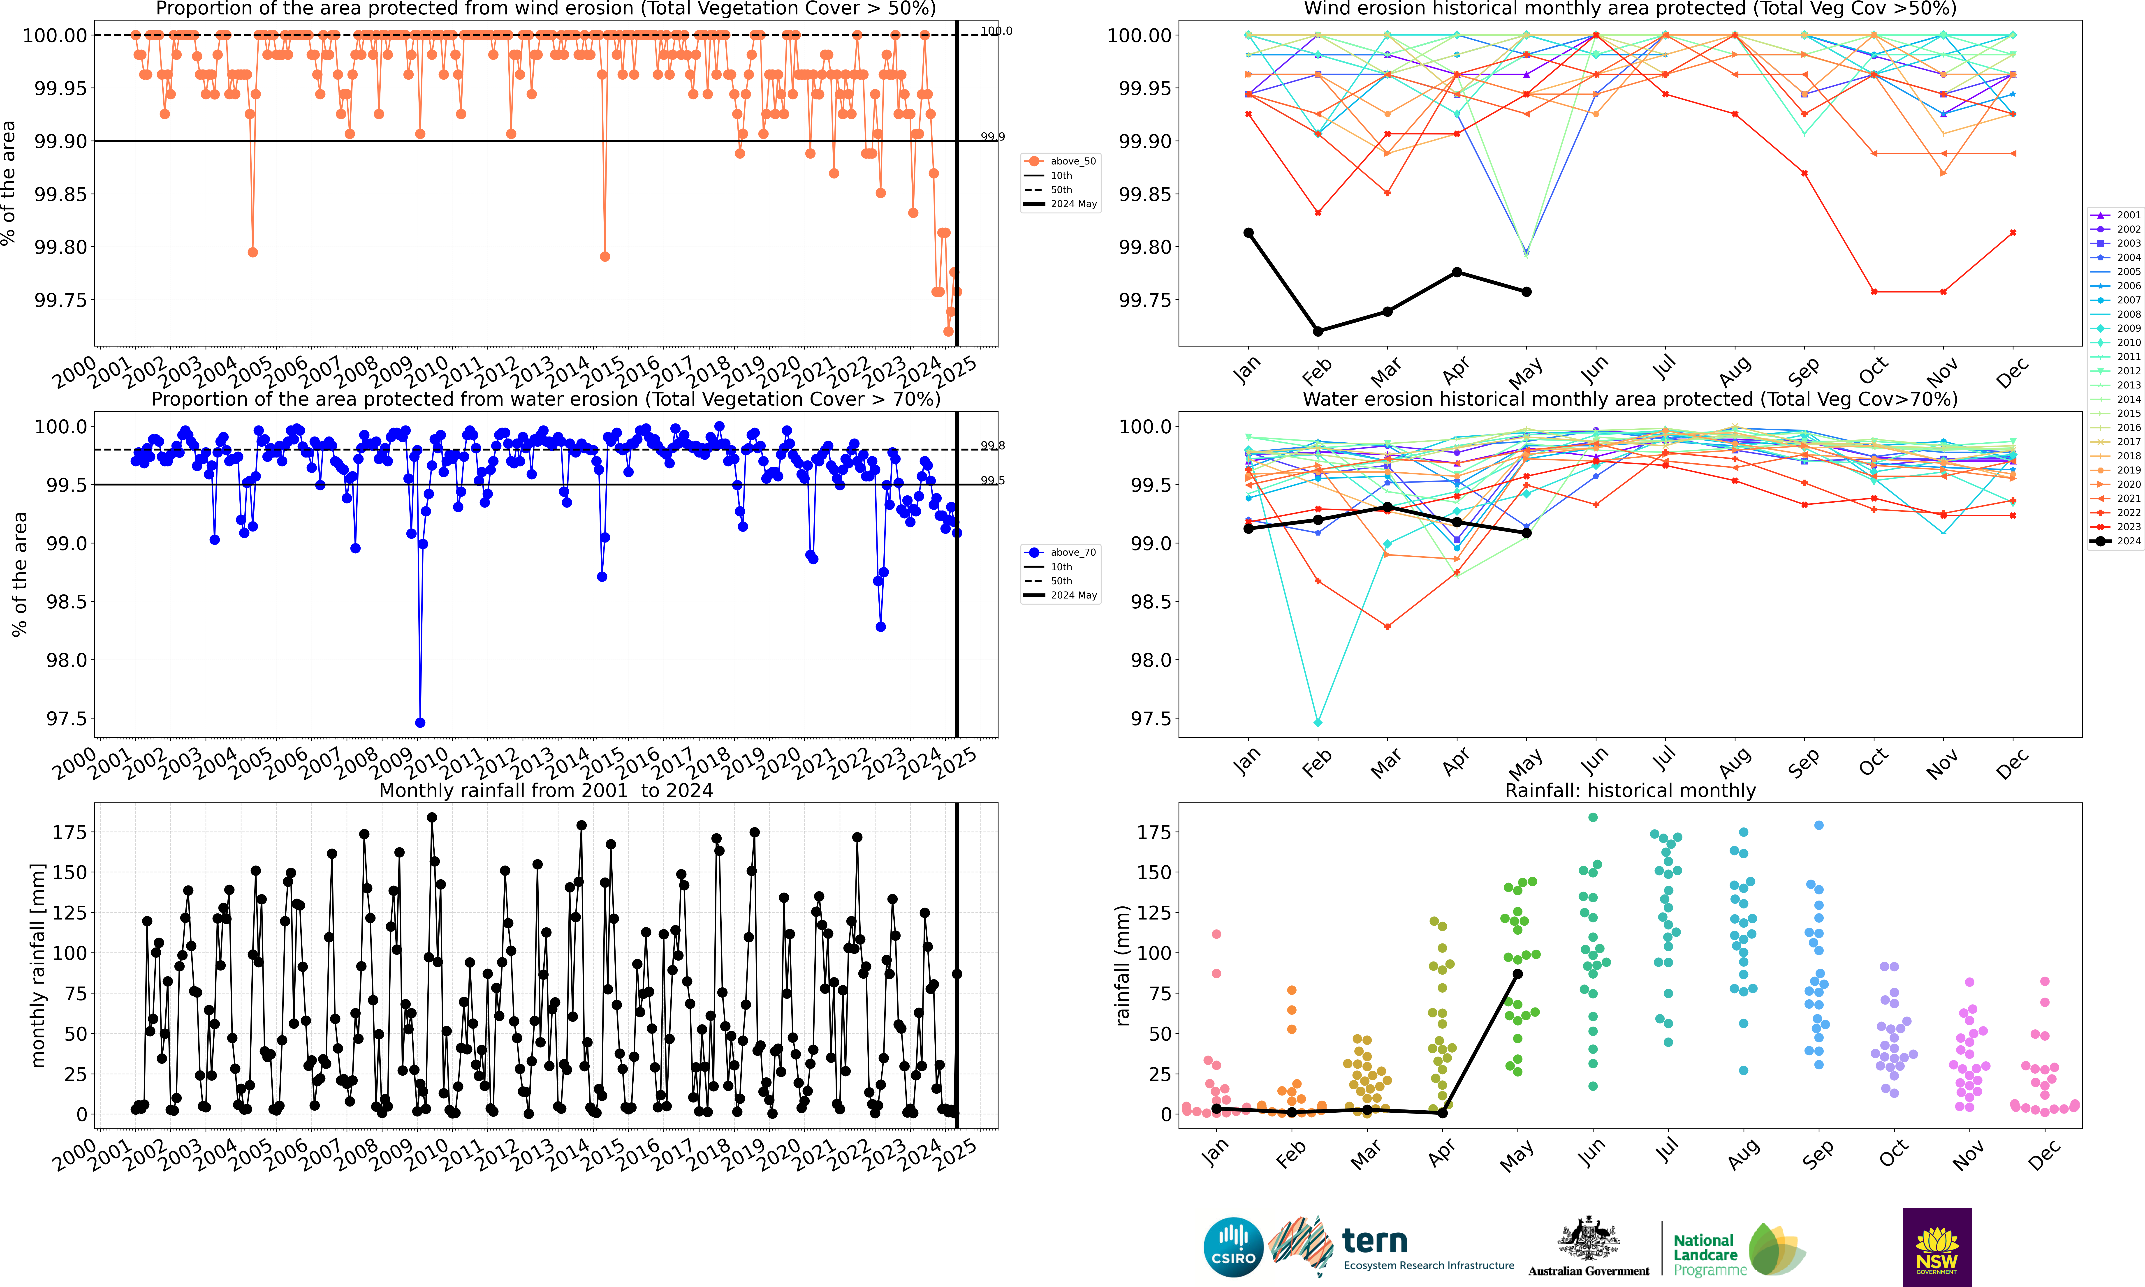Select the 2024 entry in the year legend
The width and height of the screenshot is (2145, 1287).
(2116, 541)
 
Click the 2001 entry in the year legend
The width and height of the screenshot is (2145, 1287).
(2116, 215)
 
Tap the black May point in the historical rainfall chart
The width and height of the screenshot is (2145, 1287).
(1517, 974)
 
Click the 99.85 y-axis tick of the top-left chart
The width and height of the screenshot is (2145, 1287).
(61, 194)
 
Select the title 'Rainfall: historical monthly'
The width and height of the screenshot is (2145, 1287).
(1630, 791)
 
